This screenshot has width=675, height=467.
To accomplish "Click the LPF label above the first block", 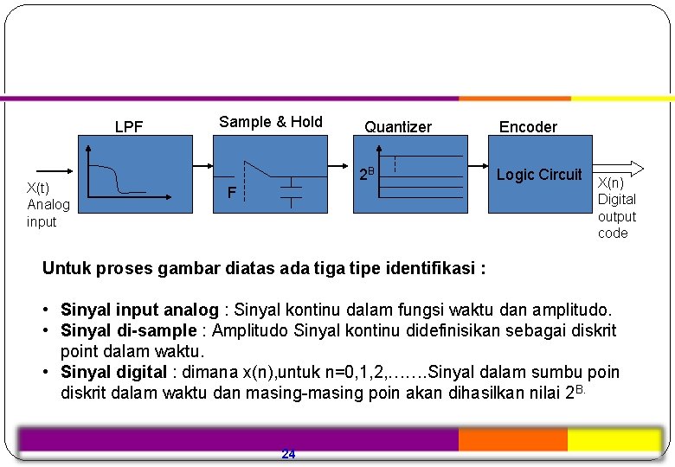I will (129, 128).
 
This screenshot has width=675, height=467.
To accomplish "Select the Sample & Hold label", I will (270, 122).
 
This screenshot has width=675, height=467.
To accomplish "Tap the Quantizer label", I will (397, 127).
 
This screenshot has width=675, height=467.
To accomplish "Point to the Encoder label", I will (528, 127).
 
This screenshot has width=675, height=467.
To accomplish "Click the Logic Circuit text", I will (539, 175).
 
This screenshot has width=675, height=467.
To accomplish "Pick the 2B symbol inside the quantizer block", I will (366, 173).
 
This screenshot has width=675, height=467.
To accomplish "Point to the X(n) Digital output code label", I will (616, 208).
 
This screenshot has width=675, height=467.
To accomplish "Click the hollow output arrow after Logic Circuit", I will (621, 168).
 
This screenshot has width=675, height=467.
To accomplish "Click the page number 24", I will (288, 454).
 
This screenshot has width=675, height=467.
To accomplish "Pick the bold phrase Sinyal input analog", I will (139, 310).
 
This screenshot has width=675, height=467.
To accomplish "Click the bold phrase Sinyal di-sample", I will (128, 331).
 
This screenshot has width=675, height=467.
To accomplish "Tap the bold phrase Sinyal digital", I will (113, 373).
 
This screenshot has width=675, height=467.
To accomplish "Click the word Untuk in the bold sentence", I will (66, 268).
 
